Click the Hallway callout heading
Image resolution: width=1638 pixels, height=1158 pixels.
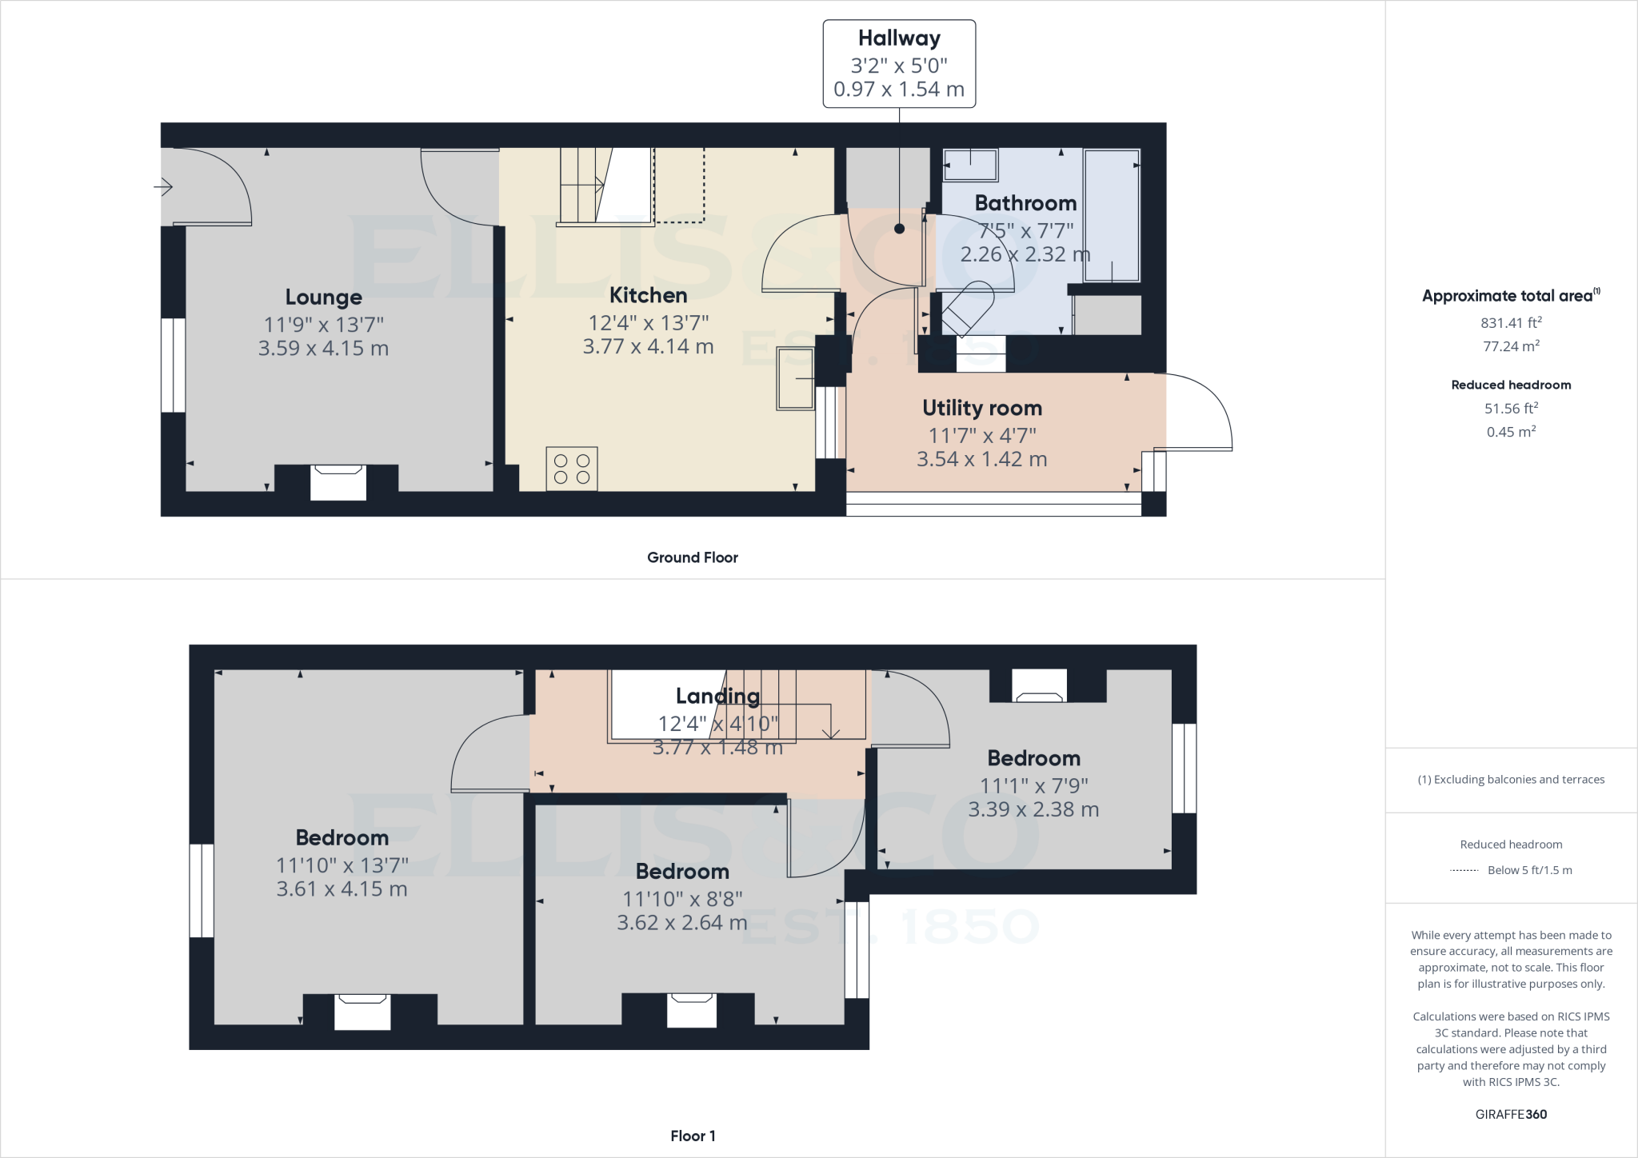[899, 38]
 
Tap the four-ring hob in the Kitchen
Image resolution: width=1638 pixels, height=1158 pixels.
[572, 469]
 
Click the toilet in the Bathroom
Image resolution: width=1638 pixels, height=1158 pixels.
[968, 308]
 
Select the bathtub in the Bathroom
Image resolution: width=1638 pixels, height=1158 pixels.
[1112, 215]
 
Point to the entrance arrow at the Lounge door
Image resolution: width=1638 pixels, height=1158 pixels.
[163, 188]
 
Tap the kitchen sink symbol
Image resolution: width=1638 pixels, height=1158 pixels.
[795, 383]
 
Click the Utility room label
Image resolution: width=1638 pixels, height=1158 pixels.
[981, 408]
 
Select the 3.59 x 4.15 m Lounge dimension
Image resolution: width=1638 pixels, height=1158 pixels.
[323, 349]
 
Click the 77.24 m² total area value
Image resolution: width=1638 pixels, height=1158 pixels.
[1511, 346]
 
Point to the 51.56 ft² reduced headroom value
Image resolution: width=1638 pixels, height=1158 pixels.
[1511, 409]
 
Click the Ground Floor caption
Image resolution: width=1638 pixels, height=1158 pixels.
[692, 557]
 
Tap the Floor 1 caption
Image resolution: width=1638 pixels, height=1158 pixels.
[693, 1136]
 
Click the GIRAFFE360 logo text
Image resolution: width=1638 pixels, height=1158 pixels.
[1511, 1114]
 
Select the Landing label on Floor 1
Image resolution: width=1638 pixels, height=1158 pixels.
[717, 696]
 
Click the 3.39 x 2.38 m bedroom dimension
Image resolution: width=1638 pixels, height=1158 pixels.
[1033, 809]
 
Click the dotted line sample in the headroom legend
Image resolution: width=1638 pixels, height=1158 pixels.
[1464, 871]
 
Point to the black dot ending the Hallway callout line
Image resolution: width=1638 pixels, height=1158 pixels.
[899, 229]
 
